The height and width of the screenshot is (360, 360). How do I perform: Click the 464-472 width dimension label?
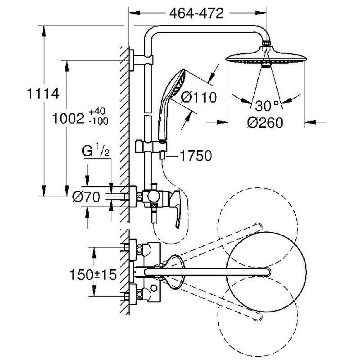[x=196, y=13]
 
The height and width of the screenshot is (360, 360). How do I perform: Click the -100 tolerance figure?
[x=99, y=121]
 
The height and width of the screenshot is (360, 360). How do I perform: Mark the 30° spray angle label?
[x=267, y=106]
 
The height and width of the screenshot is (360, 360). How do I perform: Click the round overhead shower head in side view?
[x=266, y=58]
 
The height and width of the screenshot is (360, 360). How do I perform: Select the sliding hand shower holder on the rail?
[x=148, y=147]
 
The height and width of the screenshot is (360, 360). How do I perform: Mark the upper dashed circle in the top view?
[x=257, y=223]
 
